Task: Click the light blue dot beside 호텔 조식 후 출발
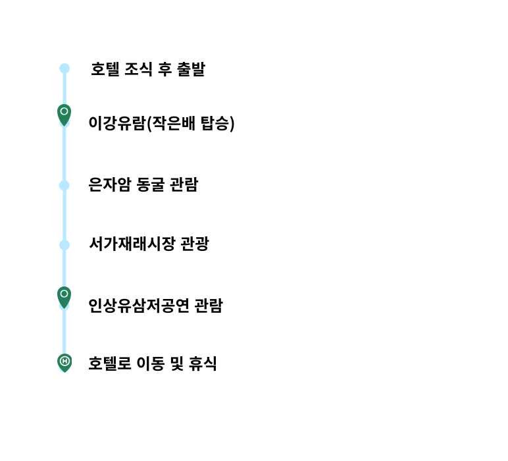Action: pos(64,68)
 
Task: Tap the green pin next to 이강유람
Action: pos(64,115)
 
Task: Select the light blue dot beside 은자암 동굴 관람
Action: pos(64,186)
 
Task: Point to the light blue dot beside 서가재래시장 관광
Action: pos(64,245)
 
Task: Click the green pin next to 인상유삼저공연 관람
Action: pos(64,297)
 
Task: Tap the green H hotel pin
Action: pos(64,363)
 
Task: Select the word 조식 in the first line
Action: pos(138,69)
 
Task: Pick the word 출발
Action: pos(191,69)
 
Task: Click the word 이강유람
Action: pos(117,123)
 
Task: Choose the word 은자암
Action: pos(110,185)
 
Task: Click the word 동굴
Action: pos(150,185)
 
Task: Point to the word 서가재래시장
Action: pos(132,244)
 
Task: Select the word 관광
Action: pos(194,244)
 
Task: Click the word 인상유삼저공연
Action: pos(139,306)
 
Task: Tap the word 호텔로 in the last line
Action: pos(110,364)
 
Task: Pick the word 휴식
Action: pos(203,364)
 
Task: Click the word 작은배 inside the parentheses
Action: pos(174,123)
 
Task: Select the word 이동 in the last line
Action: pos(151,364)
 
